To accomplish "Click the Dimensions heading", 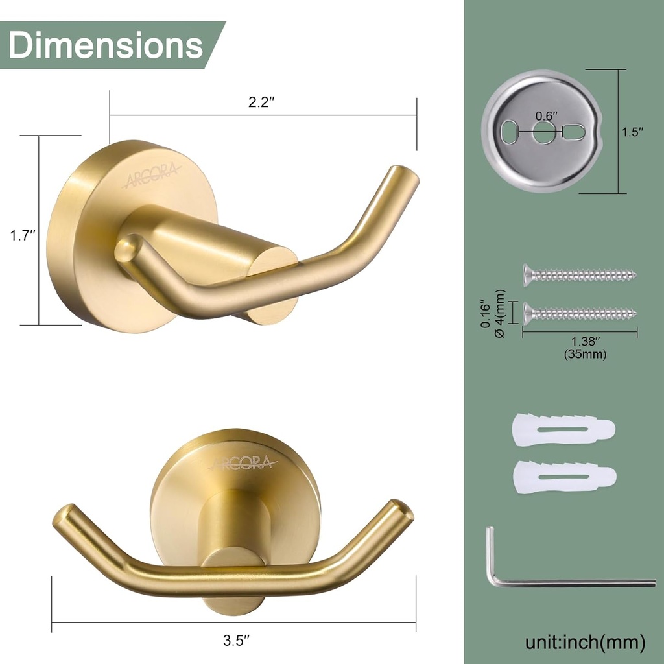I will coord(106,45).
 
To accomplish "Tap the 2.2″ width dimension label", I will coord(263,103).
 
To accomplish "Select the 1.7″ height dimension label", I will coord(22,235).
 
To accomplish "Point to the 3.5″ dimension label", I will coord(237,641).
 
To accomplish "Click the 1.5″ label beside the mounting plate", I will coord(632,132).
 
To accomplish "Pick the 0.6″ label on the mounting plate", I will coord(546,116).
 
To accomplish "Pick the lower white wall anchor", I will coord(563,477).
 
